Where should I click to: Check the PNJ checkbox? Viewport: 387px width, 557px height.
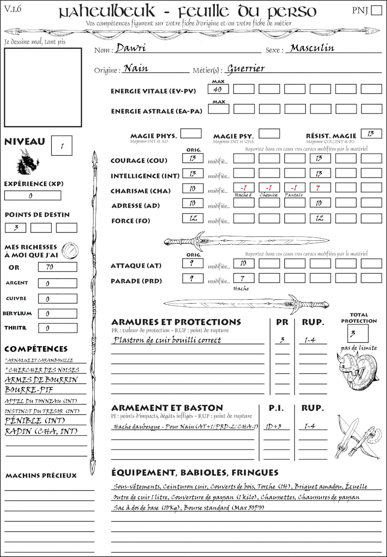pos(375,11)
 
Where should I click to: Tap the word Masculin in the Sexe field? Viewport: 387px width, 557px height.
pos(312,48)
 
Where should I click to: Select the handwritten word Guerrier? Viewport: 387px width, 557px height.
pos(246,68)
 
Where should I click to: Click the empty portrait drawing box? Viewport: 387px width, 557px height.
pos(43,87)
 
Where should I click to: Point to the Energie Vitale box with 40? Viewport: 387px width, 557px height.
pos(218,89)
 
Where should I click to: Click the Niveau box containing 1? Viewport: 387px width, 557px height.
pos(62,146)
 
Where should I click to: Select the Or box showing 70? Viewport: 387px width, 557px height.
pos(57,267)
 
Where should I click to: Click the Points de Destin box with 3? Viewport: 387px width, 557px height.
pos(16,228)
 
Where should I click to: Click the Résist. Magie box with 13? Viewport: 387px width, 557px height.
pos(371,133)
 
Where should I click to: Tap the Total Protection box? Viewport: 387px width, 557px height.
pos(357,334)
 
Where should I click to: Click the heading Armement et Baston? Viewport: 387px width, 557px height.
pos(167,408)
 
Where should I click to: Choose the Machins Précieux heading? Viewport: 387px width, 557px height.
pos(41,475)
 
